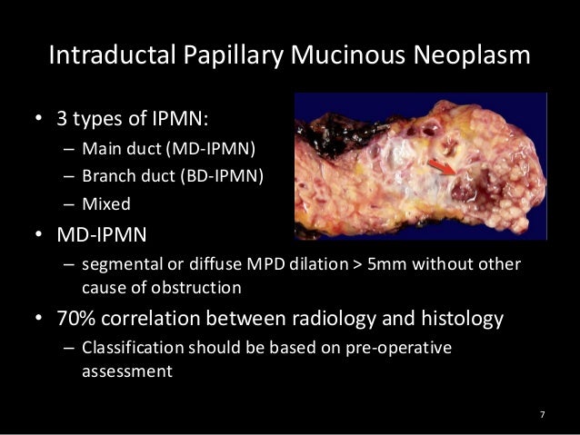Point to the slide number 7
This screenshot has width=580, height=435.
pyautogui.click(x=542, y=415)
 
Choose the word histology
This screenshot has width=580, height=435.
pyautogui.click(x=455, y=319)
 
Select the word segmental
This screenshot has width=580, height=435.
pyautogui.click(x=118, y=264)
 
